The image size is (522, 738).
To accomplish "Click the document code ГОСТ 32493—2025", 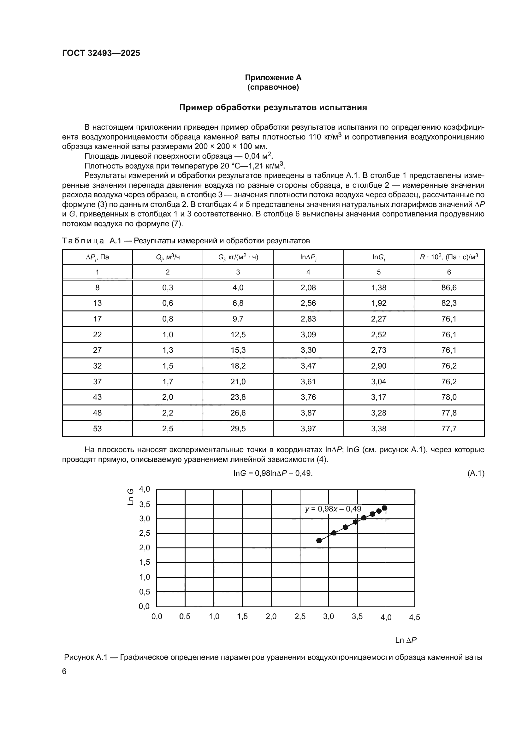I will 101,53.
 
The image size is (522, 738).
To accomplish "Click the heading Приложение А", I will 273,78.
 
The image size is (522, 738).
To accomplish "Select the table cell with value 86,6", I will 449,288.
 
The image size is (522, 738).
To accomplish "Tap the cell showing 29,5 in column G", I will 238,428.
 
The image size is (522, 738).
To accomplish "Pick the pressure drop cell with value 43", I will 97,397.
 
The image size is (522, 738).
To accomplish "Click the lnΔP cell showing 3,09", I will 308,334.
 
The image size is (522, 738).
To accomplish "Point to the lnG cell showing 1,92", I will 379,303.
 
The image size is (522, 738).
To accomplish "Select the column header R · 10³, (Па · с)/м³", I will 449,257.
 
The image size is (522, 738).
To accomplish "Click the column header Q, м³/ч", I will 168,257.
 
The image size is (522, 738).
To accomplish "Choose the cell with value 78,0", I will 449,397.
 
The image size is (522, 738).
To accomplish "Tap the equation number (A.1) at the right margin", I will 476,473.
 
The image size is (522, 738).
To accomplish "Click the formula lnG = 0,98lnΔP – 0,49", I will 273,473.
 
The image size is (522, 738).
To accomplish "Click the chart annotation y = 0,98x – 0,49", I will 333,509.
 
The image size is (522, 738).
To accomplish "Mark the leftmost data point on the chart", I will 319,541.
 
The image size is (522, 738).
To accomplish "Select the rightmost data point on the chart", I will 384,508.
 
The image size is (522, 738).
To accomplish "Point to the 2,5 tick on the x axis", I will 300,617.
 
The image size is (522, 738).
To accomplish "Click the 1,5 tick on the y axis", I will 144,562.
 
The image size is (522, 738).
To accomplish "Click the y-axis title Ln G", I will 131,497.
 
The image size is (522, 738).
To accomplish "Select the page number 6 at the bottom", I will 64,671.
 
